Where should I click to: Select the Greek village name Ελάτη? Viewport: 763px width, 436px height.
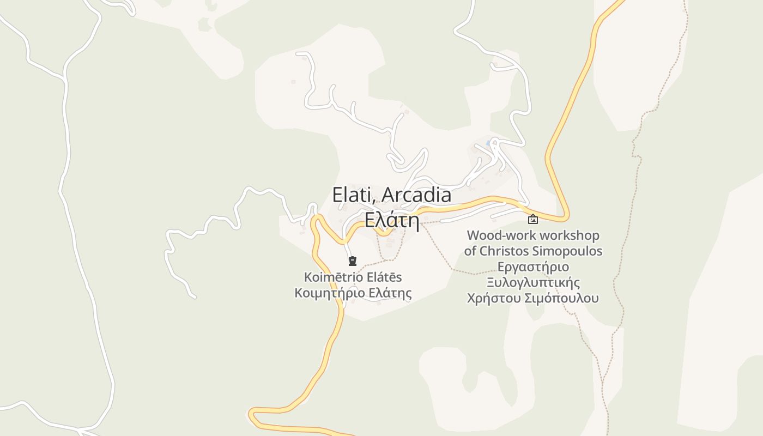point(391,220)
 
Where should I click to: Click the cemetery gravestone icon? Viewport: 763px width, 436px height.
point(353,261)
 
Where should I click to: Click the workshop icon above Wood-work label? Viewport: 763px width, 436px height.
point(533,219)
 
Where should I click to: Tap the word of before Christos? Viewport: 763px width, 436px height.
point(470,251)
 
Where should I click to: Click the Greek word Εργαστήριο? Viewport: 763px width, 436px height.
point(533,267)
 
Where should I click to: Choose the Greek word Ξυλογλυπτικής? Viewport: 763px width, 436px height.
point(533,283)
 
